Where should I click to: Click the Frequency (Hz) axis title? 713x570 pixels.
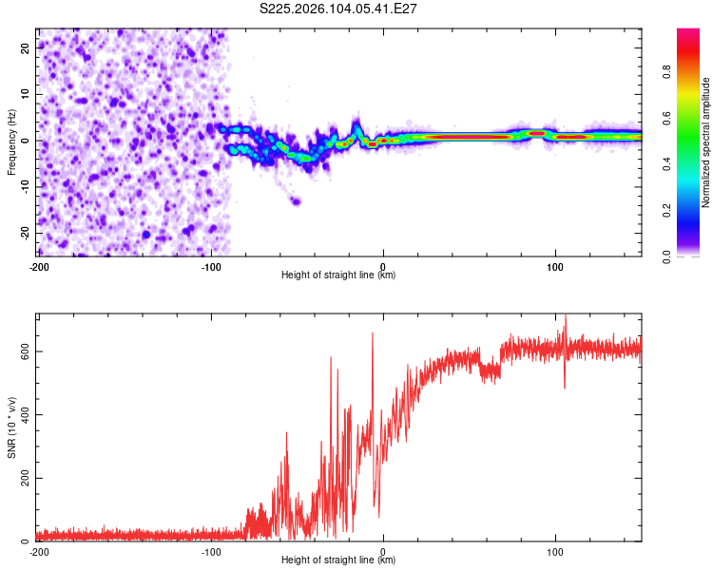[x=11, y=142]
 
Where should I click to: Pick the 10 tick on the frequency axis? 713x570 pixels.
[x=25, y=94]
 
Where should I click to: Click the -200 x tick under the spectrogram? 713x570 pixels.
[x=39, y=265]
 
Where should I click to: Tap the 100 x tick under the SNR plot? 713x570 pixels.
[x=555, y=551]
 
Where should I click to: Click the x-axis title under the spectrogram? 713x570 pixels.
[x=338, y=275]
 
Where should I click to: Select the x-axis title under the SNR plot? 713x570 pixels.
[x=338, y=561]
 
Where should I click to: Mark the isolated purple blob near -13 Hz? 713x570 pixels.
[x=296, y=200]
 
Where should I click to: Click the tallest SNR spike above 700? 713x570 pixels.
[x=566, y=318]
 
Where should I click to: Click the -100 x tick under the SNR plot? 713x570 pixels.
[x=211, y=551]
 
